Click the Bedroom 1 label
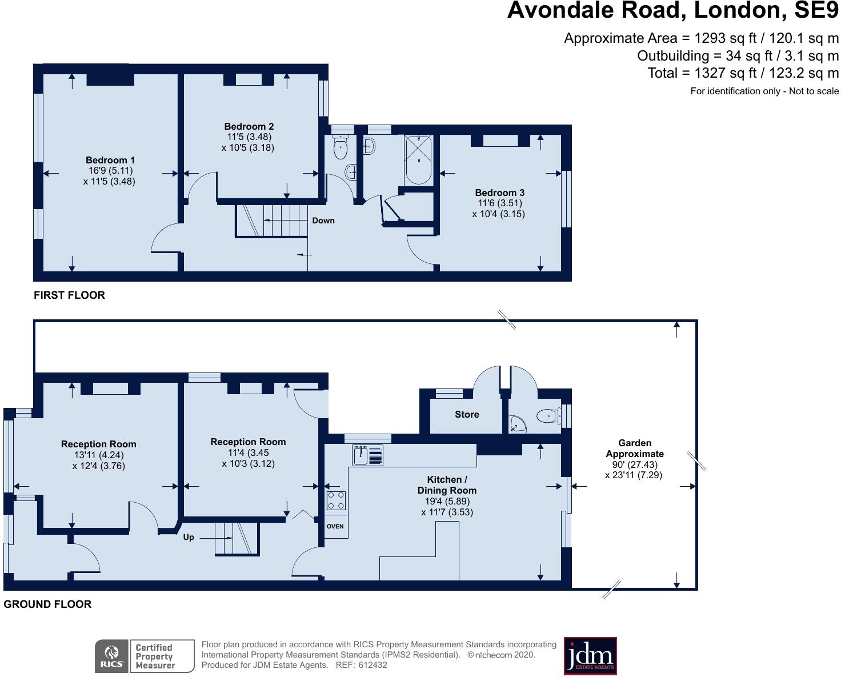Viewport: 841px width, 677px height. [x=110, y=160]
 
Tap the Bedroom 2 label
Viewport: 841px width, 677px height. [x=249, y=126]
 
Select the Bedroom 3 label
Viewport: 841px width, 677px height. [x=499, y=193]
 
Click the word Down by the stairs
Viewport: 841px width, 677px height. [x=323, y=221]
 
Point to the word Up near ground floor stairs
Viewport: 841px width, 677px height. [x=189, y=537]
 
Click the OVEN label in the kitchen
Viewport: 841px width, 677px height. [x=335, y=526]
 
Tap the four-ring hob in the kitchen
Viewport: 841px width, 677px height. [x=335, y=501]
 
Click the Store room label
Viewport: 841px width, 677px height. [x=467, y=414]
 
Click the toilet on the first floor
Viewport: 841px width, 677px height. [x=341, y=148]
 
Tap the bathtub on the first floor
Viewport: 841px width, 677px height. [x=419, y=160]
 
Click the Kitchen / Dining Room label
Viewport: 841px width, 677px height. [x=447, y=484]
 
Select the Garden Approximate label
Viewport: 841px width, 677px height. [x=635, y=448]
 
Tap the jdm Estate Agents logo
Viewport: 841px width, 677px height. [x=590, y=656]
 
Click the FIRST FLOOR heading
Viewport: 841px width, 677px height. [x=69, y=295]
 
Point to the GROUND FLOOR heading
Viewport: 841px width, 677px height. [x=47, y=604]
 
